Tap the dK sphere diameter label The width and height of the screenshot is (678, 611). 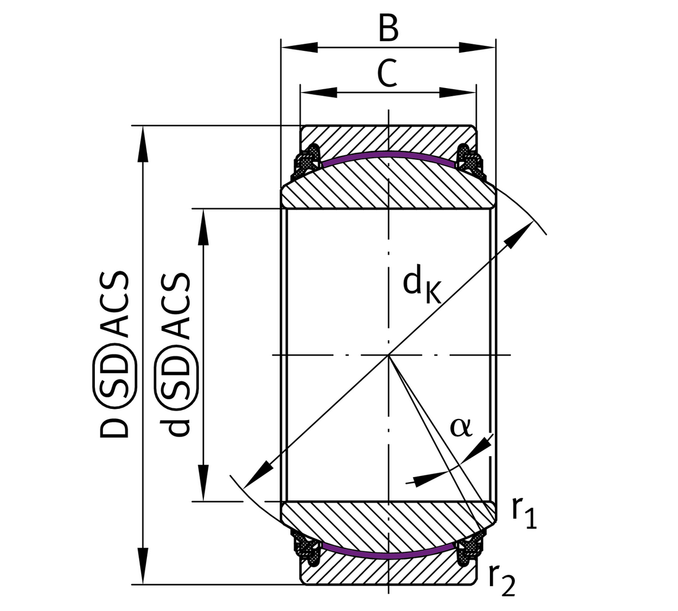pyautogui.click(x=420, y=285)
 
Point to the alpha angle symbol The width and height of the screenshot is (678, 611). pyautogui.click(x=460, y=427)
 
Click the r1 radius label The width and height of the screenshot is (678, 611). pyautogui.click(x=523, y=512)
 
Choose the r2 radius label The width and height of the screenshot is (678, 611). pyautogui.click(x=501, y=579)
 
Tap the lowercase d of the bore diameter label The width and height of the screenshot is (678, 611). pyautogui.click(x=177, y=425)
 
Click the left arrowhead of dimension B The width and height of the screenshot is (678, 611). pyautogui.click(x=299, y=47)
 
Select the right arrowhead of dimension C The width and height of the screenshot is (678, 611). pyautogui.click(x=457, y=92)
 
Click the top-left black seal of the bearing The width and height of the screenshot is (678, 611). pyautogui.click(x=308, y=158)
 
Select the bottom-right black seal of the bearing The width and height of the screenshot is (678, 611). pyautogui.click(x=469, y=551)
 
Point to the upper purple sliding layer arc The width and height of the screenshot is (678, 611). pyautogui.click(x=388, y=154)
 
